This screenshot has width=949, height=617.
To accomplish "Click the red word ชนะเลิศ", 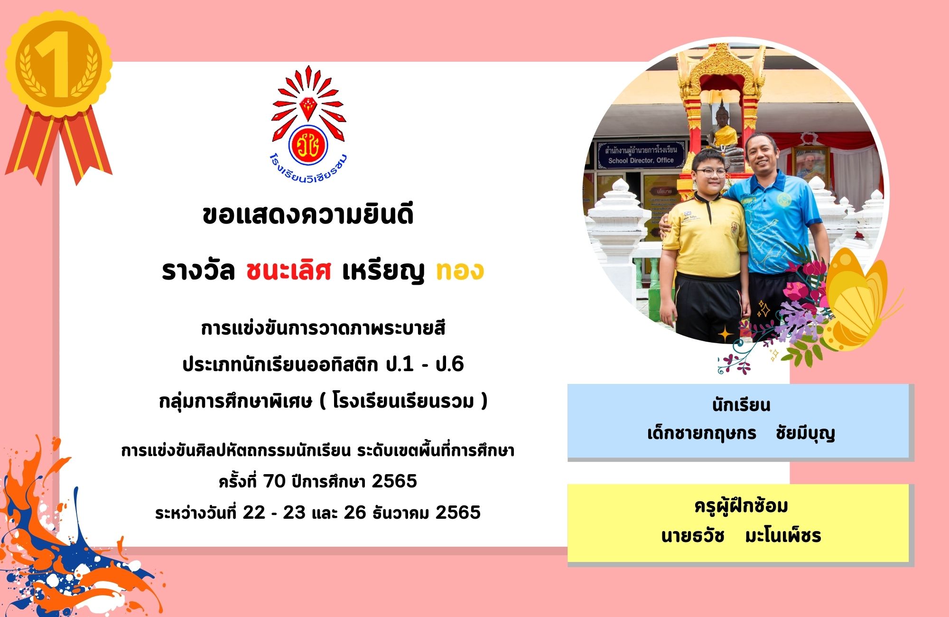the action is pyautogui.click(x=288, y=271).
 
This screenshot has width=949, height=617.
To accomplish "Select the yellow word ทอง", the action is pyautogui.click(x=460, y=271).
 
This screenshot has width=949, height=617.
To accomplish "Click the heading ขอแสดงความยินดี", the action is pyautogui.click(x=308, y=214).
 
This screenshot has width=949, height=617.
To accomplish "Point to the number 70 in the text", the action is pyautogui.click(x=274, y=481).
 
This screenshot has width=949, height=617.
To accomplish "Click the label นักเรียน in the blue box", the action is pyautogui.click(x=741, y=405).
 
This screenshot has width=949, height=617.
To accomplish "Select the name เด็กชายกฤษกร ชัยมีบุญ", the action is pyautogui.click(x=741, y=433).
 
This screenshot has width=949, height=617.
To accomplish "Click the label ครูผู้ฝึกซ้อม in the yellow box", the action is pyautogui.click(x=741, y=506).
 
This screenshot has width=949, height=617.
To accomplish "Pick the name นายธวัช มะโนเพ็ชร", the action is pyautogui.click(x=741, y=536).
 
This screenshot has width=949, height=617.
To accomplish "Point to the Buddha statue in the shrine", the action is pyautogui.click(x=722, y=128).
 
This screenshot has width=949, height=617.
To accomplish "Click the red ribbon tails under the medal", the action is pyautogui.click(x=58, y=145).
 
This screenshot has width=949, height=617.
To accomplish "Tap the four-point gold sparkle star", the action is pyautogui.click(x=726, y=334).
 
